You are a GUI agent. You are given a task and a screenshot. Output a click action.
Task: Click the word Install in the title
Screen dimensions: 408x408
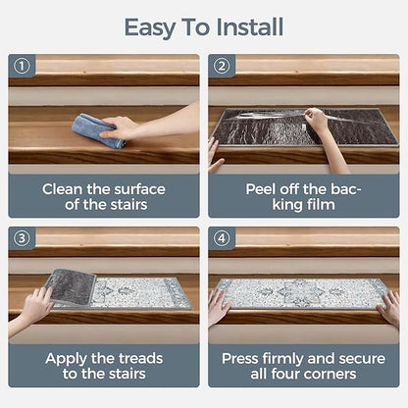(x=250, y=27)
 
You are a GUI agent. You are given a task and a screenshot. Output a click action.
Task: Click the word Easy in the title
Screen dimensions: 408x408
(x=150, y=28)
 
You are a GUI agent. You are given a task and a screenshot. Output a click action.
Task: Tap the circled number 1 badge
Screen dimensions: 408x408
(x=22, y=67)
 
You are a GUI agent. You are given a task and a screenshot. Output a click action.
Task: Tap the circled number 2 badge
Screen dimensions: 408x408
(x=222, y=67)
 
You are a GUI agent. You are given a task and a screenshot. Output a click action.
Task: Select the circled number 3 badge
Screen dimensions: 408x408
(x=22, y=238)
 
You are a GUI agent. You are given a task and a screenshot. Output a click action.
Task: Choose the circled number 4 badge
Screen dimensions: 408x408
(x=222, y=238)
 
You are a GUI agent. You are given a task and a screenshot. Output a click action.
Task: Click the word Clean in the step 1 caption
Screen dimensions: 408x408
(x=63, y=189)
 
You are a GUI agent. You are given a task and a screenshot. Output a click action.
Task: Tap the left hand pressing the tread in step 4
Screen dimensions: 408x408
(x=219, y=306)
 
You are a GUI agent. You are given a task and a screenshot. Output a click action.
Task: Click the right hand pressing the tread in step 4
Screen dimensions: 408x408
(x=389, y=307)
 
